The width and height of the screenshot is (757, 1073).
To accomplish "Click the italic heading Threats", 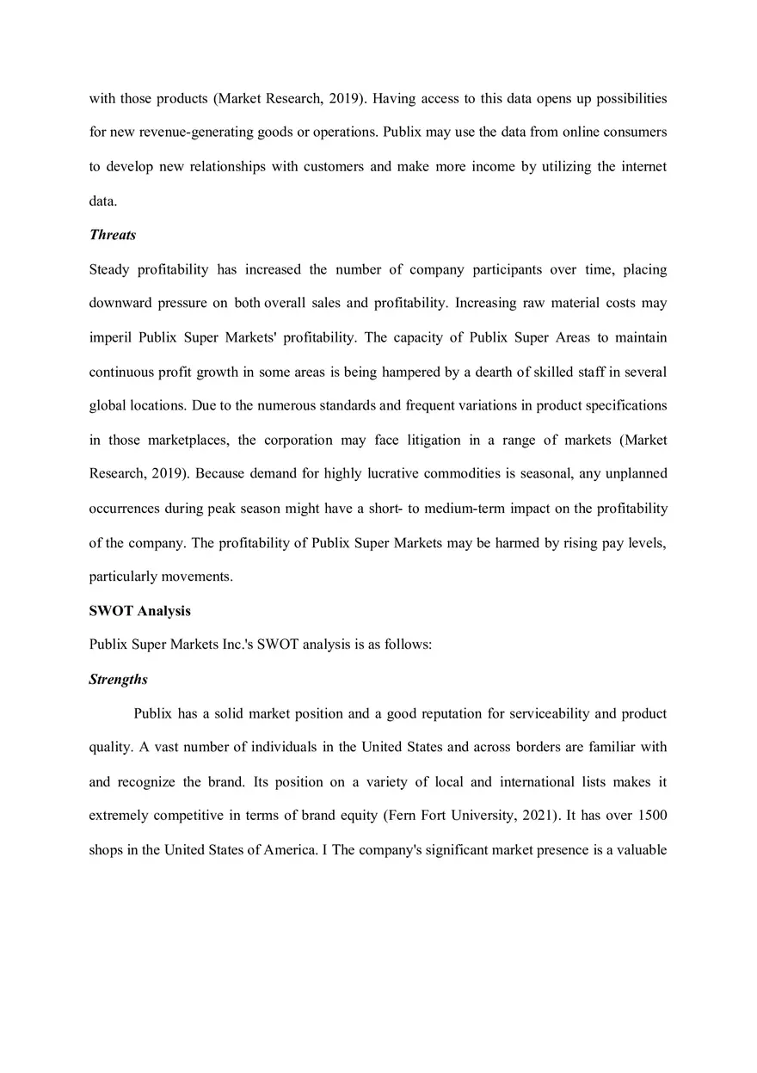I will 113,235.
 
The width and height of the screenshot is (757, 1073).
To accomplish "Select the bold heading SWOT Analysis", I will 139,611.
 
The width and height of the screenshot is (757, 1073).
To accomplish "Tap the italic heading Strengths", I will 118,680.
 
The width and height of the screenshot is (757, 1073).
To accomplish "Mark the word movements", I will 196,577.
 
